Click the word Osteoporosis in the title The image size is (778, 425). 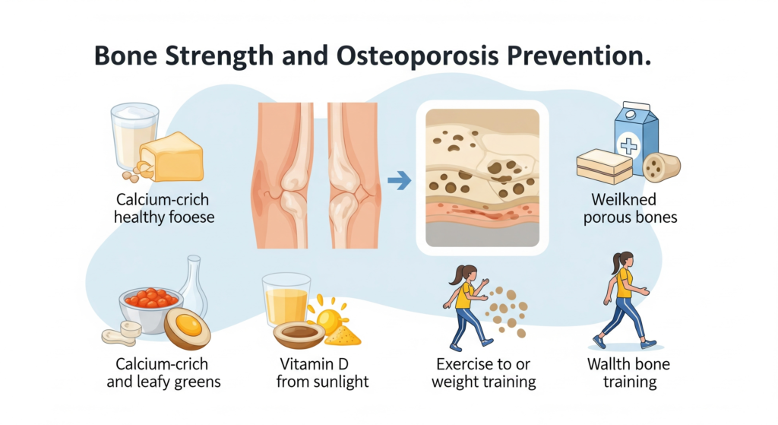[x=429, y=59]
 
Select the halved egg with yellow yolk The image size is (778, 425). [x=187, y=328]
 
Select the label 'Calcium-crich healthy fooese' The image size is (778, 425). [x=163, y=209]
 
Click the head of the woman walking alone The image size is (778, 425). [x=623, y=259]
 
